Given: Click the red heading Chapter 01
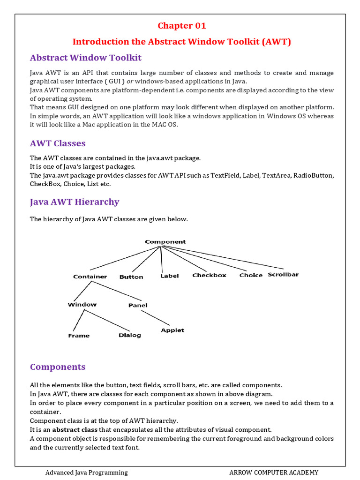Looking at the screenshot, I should [181, 26].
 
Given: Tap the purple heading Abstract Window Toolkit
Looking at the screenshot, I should [86, 58].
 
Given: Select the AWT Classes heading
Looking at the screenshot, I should [58, 143].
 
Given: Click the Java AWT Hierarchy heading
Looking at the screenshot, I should [75, 202].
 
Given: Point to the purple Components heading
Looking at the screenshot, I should [58, 367].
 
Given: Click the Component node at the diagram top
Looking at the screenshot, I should [165, 242].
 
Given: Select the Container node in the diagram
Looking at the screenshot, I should [90, 277].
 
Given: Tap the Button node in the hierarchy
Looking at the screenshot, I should [131, 277].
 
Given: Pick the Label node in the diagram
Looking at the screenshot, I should [169, 276].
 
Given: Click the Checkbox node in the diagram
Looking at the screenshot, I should [209, 275].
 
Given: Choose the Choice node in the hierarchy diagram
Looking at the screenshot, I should [251, 275].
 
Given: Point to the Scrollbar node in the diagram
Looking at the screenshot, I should [283, 275].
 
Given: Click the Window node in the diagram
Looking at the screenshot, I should [82, 305].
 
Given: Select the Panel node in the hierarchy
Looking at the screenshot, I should [138, 305].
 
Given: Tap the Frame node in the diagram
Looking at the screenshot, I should [79, 336].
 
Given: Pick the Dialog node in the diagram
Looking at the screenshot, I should [129, 335].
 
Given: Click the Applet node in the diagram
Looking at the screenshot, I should [172, 330].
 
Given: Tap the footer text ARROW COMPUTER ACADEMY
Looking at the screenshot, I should [274, 472].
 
